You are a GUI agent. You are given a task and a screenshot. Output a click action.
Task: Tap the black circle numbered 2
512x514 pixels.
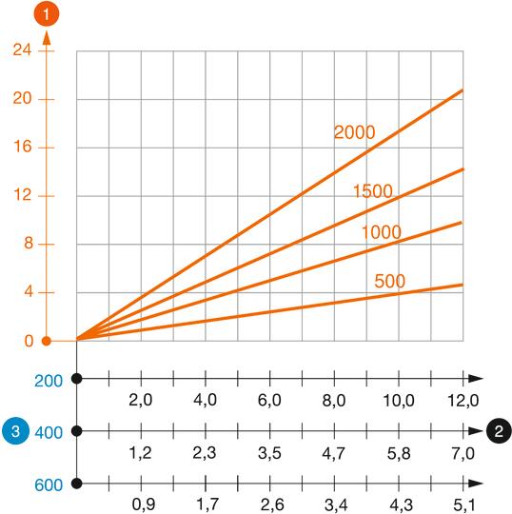(498, 431)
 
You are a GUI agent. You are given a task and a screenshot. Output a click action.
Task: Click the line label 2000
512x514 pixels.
(354, 132)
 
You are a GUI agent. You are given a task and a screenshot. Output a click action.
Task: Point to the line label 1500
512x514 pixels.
(373, 191)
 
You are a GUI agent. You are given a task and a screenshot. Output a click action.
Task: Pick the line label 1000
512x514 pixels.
(381, 232)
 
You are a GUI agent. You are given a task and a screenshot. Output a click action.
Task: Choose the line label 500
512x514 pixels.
(391, 281)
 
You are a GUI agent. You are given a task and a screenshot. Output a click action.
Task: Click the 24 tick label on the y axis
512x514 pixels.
(21, 50)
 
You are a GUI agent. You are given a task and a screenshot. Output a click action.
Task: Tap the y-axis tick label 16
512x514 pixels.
(21, 148)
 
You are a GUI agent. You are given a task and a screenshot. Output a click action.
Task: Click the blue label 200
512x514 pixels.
(49, 380)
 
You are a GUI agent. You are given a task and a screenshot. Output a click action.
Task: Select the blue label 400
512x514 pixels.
(49, 432)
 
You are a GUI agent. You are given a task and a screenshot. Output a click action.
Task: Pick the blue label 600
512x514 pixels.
(49, 484)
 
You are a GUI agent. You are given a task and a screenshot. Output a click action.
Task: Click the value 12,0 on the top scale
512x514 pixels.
(463, 401)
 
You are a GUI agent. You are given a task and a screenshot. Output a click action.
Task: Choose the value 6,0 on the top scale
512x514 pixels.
(269, 401)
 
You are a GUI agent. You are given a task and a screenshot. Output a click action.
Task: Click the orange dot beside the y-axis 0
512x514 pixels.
(46, 341)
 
